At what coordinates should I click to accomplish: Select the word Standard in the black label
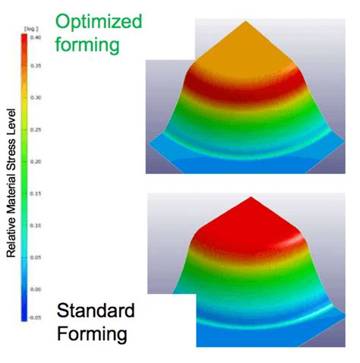95,311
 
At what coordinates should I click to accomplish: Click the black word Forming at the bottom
91,333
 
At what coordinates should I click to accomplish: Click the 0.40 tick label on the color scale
36,36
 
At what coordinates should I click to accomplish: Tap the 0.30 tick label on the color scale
36,99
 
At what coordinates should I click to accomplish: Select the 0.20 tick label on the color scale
36,162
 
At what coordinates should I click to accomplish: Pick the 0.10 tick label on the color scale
36,226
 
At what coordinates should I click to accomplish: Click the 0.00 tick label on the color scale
36,289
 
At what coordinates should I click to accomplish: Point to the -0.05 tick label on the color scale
36,320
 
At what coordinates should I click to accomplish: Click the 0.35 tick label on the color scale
36,68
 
